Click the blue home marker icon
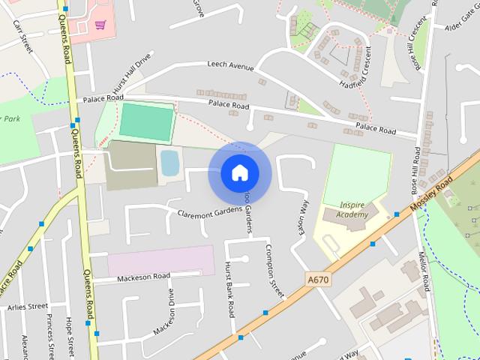[x=239, y=172]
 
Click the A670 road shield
[x=319, y=279]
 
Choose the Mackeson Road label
[x=143, y=278]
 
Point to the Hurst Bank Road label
[x=229, y=288]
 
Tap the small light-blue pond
[x=169, y=162]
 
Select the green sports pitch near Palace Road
[x=146, y=121]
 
